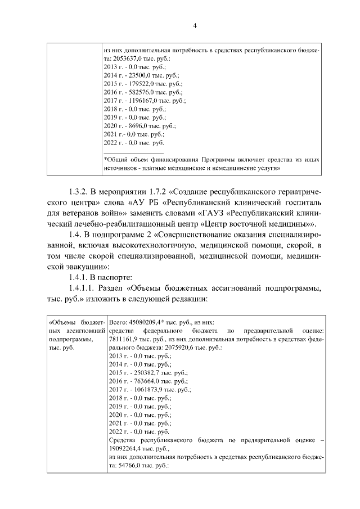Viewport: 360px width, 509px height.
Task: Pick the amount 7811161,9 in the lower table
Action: (123, 339)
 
